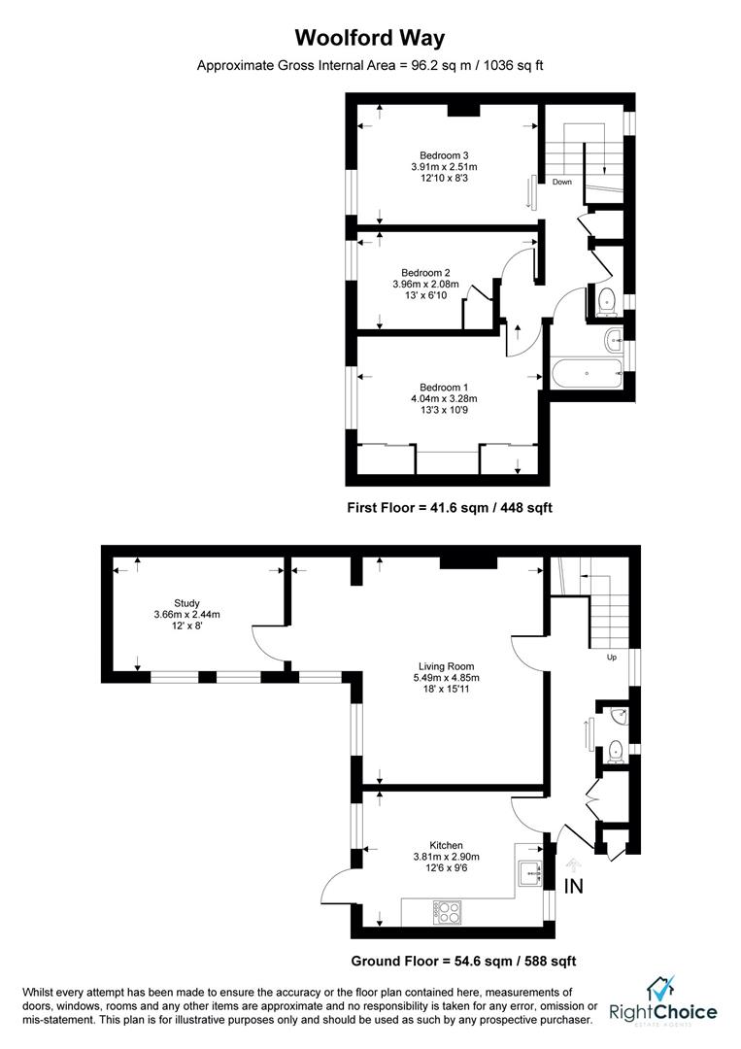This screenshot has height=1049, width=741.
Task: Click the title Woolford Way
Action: click(x=370, y=39)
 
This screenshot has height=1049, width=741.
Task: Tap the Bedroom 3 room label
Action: click(x=444, y=155)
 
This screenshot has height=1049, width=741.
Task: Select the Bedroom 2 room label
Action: click(x=425, y=273)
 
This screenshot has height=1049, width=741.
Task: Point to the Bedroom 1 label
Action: click(x=444, y=387)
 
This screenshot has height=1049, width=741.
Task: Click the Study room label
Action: click(x=186, y=602)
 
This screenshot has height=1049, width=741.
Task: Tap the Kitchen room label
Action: click(x=446, y=844)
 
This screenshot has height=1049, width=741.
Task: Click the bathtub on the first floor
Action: click(x=587, y=372)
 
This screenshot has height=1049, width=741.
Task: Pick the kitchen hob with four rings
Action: click(x=447, y=912)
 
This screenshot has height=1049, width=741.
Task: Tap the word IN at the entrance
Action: click(x=574, y=886)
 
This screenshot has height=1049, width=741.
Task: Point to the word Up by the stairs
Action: click(x=611, y=658)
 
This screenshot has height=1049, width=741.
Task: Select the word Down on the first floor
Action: click(x=562, y=182)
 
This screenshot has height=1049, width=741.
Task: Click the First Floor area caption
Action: click(x=450, y=507)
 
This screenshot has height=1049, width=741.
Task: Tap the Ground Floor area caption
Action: click(x=463, y=961)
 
